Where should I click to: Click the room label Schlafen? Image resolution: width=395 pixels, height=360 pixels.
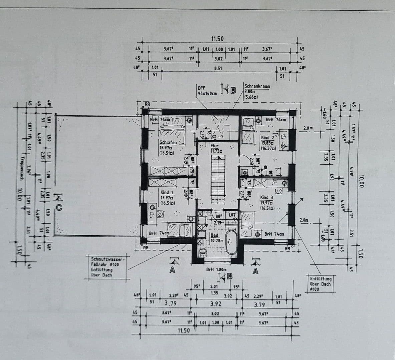(168, 142)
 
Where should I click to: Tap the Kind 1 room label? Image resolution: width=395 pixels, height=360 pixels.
(166, 192)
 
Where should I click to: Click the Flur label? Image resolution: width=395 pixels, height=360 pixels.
(214, 146)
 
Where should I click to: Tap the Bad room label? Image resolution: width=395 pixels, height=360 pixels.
(214, 235)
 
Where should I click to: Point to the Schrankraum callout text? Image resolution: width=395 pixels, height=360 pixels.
(257, 86)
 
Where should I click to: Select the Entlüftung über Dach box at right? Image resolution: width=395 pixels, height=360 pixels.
(320, 284)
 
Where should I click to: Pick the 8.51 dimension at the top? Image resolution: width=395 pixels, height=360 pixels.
(218, 68)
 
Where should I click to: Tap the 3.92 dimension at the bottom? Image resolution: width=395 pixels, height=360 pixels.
(216, 304)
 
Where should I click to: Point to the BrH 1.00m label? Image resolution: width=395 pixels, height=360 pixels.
(216, 270)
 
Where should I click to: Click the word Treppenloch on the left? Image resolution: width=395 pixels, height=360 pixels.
(22, 168)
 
